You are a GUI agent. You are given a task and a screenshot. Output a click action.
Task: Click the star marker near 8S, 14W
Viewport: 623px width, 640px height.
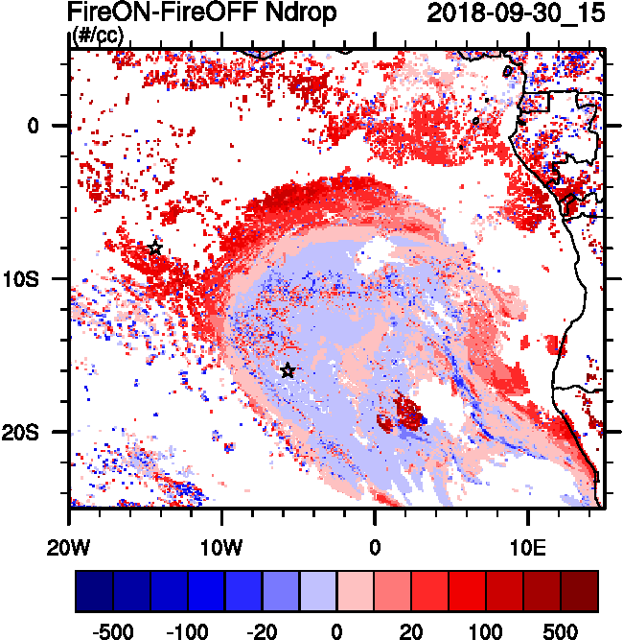[x=155, y=248]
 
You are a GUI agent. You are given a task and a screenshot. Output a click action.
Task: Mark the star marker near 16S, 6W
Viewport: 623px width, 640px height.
[x=288, y=370]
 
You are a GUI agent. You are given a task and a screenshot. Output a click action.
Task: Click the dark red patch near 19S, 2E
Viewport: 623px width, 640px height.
[x=408, y=414]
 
